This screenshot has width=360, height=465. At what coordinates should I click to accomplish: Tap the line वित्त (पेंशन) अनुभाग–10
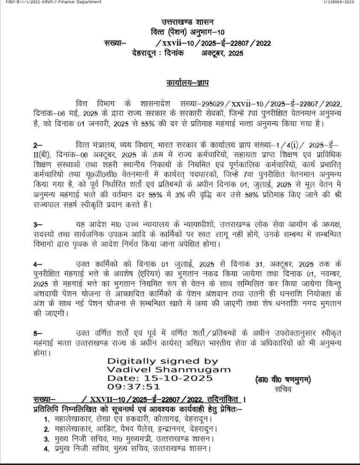pos(187,32)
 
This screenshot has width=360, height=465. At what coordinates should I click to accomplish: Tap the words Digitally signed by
pos(163,362)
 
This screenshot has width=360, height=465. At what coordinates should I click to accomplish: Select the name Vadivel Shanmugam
pos(169,370)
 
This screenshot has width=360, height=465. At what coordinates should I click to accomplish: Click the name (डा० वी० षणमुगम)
pos(283,380)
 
